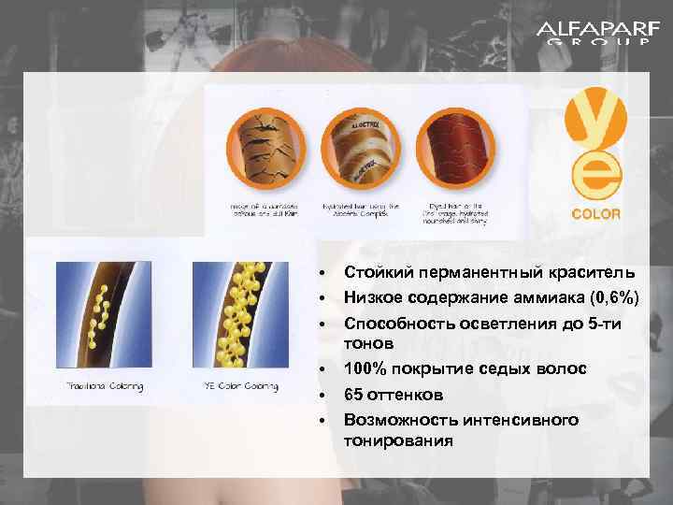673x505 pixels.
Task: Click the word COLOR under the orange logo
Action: [595, 213]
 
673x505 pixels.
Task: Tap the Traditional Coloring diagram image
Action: [105, 317]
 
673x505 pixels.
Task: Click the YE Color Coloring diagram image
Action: [236, 317]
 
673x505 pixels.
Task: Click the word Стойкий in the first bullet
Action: [374, 273]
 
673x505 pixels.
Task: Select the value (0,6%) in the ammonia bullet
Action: [607, 297]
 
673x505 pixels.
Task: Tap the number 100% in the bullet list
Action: [367, 370]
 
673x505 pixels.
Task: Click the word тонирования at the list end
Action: [398, 440]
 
